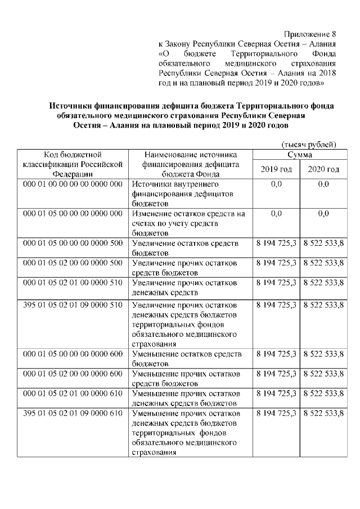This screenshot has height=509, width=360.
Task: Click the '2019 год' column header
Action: click(276, 169)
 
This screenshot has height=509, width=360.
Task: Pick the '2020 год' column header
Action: click(323, 169)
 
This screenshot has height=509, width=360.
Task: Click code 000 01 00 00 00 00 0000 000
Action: click(73, 184)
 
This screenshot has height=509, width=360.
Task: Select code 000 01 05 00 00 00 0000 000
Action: click(73, 214)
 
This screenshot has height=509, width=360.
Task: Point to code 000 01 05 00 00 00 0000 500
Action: click(73, 243)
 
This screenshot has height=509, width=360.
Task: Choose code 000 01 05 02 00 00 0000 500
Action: click(73, 263)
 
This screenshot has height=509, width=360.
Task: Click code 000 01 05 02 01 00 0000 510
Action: click(73, 282)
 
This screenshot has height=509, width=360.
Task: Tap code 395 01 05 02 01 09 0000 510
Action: click(73, 305)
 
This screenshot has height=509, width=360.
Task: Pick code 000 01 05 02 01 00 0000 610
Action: click(73, 394)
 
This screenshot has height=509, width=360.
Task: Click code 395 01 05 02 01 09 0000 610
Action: click(73, 413)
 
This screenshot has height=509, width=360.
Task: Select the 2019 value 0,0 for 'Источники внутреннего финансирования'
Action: click(276, 184)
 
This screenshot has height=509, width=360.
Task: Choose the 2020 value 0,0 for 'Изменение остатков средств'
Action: click(323, 214)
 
